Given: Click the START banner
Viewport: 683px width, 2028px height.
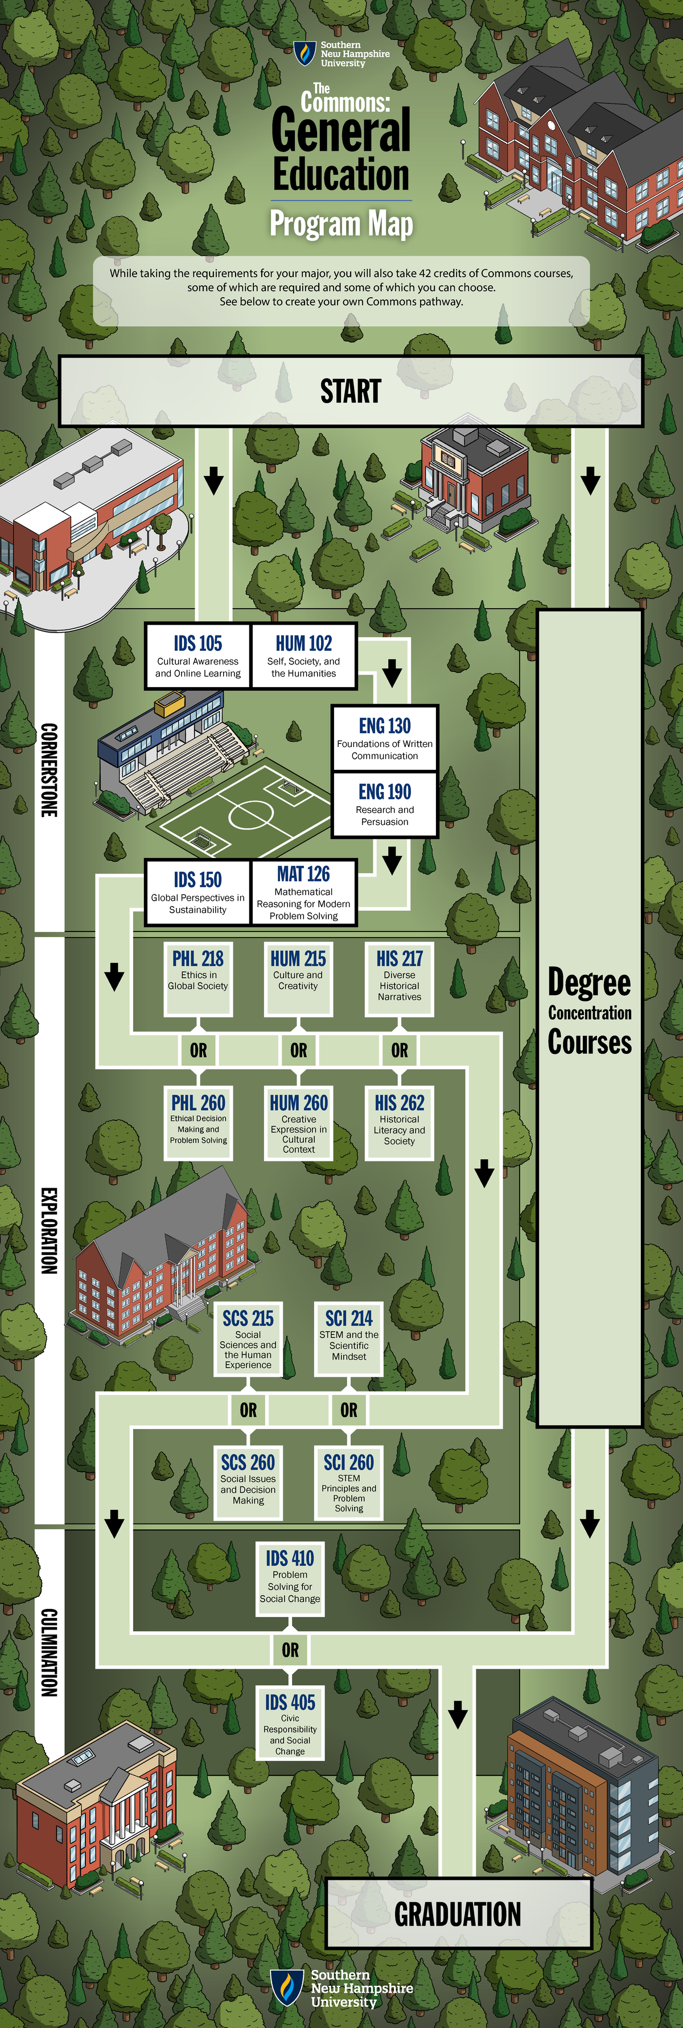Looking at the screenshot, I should [x=350, y=391].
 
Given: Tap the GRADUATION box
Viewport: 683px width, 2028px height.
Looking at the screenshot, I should [x=458, y=1914].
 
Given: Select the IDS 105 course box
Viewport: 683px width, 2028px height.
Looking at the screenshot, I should [x=198, y=656].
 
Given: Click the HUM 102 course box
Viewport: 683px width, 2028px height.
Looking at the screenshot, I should [x=304, y=656].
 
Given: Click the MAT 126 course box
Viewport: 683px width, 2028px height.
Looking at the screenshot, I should [x=304, y=893].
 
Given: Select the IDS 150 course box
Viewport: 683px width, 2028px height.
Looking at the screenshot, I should [x=198, y=893].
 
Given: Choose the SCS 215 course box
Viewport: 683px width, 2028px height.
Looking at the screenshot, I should [x=248, y=1339].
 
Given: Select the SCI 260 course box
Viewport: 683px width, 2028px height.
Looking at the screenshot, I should [x=348, y=1483].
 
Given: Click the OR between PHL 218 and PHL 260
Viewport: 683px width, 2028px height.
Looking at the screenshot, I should [x=198, y=1050].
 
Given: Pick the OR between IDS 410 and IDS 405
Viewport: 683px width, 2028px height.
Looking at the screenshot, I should [x=290, y=1649].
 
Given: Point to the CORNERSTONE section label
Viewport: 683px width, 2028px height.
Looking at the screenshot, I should [x=49, y=770].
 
